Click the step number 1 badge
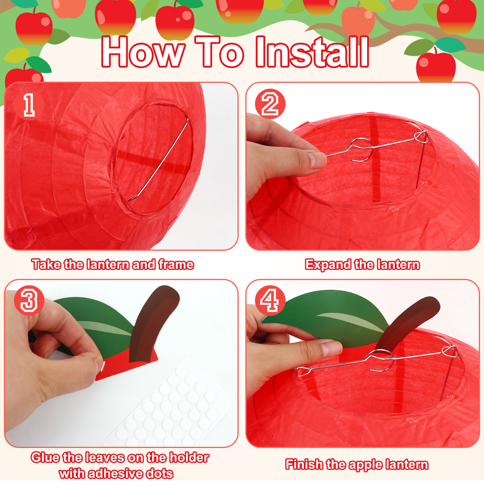(x=29, y=105)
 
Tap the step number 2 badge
(x=270, y=104)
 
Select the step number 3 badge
(x=29, y=300)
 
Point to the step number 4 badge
(x=270, y=300)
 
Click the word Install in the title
(x=312, y=52)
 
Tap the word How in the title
(x=143, y=52)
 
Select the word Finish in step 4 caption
(x=304, y=464)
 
